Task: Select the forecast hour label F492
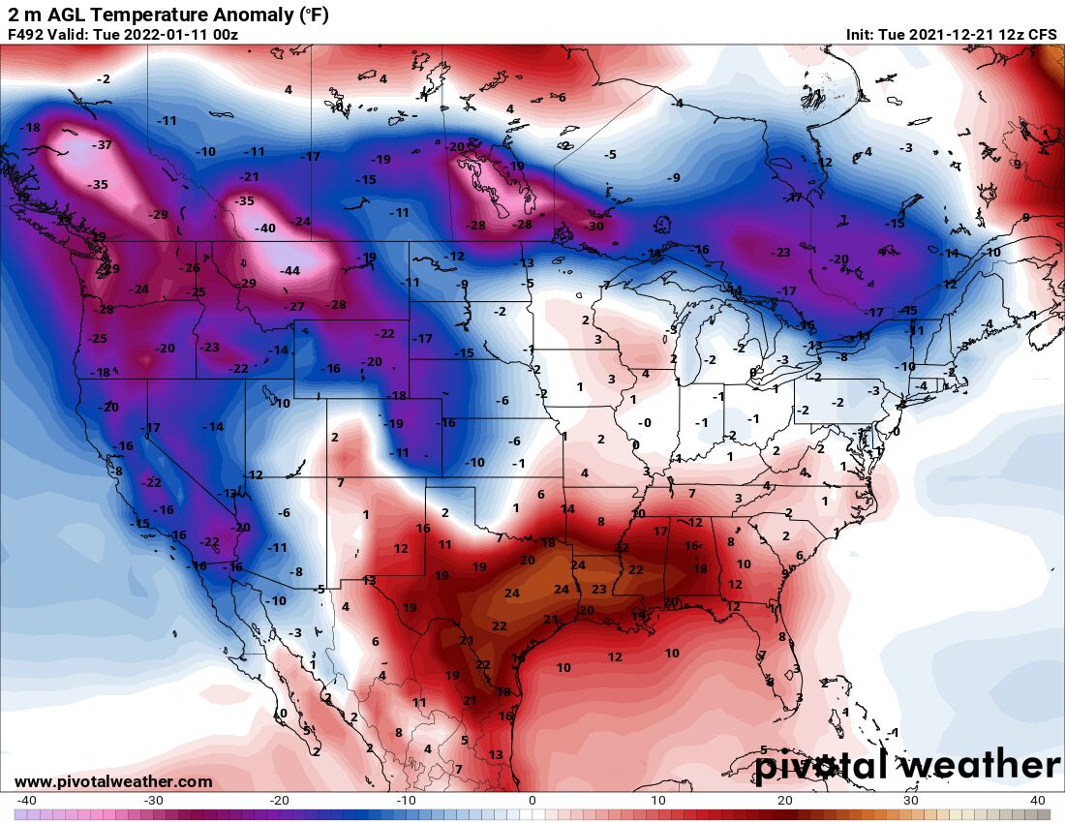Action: [x=25, y=35]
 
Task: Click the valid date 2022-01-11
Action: [x=165, y=35]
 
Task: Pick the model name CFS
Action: [x=1042, y=35]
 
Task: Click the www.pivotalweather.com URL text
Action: [x=113, y=781]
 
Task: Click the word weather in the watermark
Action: [x=979, y=766]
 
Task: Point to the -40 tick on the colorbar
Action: [x=27, y=801]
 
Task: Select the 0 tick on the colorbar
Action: [x=532, y=801]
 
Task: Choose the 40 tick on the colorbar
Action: [x=1038, y=801]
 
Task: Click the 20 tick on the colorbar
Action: [x=785, y=801]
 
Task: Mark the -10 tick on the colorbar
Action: [x=405, y=801]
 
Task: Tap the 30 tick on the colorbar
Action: [x=911, y=801]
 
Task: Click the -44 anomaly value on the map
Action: [x=289, y=271]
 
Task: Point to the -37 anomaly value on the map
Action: [x=102, y=145]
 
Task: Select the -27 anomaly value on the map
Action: [x=293, y=307]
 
